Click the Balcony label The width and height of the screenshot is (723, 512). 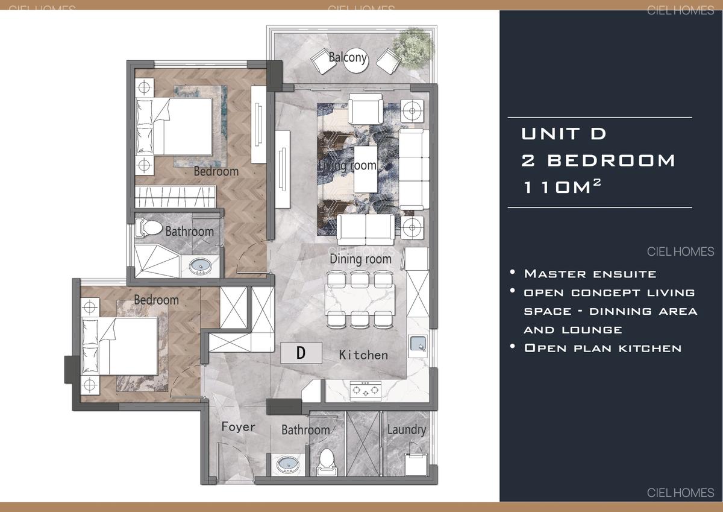point(348,58)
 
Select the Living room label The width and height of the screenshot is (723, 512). point(348,165)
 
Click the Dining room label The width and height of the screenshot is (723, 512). point(360,259)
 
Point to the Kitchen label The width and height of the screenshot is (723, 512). point(363,355)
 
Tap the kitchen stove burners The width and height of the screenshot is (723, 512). point(366,390)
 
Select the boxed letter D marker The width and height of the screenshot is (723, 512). point(301,352)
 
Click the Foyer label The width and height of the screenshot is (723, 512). point(238,427)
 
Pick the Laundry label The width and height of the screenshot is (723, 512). point(406,429)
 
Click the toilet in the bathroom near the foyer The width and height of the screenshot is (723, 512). point(326,459)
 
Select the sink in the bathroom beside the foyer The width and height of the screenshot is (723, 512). point(287,465)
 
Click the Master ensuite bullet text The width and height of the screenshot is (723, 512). point(590,274)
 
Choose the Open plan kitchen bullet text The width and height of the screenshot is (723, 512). point(602,348)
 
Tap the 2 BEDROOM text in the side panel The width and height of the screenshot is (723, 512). point(598,160)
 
